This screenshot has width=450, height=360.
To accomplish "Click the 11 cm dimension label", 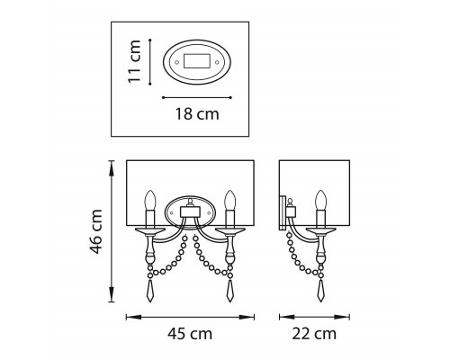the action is tap(134, 61).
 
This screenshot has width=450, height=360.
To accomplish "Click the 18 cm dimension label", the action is tap(197, 114).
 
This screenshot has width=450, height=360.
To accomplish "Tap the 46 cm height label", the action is tap(96, 231).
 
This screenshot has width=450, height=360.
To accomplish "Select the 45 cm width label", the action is tap(190, 334).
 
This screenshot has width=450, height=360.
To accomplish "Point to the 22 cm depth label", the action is tap(314, 334).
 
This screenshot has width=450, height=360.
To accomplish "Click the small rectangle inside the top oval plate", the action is tap(197, 61).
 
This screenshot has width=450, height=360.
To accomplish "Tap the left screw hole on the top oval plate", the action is tap(176, 62).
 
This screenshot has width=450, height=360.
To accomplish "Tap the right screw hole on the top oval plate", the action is tap(217, 62).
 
